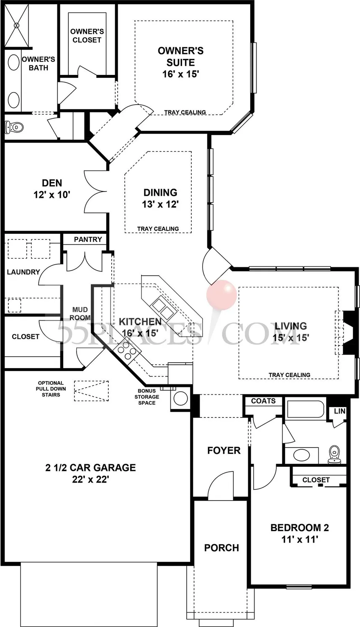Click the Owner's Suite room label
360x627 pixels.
click(180, 62)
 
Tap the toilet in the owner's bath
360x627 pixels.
click(14, 126)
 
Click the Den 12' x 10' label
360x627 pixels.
click(52, 188)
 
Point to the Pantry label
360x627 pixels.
click(88, 239)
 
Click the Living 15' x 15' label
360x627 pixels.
click(291, 331)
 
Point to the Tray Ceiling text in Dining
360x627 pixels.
click(158, 229)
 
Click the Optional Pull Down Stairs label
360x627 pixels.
click(51, 389)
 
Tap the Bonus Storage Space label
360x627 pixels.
click(147, 397)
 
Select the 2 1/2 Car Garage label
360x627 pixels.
click(90, 473)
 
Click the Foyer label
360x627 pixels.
click(224, 450)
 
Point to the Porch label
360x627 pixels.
click(221, 548)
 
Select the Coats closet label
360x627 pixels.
click(263, 401)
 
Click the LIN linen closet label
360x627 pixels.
click(339, 411)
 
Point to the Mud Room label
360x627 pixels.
click(80, 313)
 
